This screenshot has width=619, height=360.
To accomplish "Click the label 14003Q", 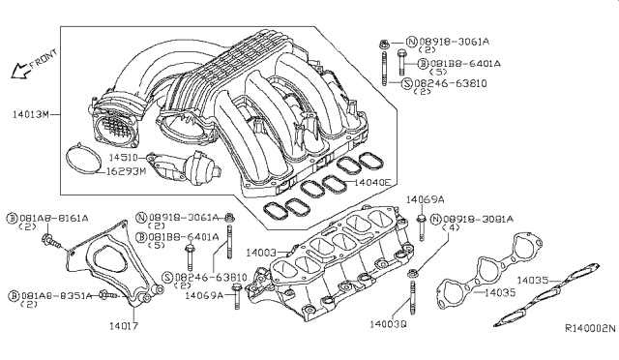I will [x=388, y=325].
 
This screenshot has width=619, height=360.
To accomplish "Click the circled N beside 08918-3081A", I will [x=437, y=220].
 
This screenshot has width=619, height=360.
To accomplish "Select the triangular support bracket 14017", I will [x=106, y=261].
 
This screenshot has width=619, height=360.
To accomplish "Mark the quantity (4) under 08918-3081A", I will [x=461, y=229].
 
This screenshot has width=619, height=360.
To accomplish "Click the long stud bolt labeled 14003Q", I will [x=412, y=290].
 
